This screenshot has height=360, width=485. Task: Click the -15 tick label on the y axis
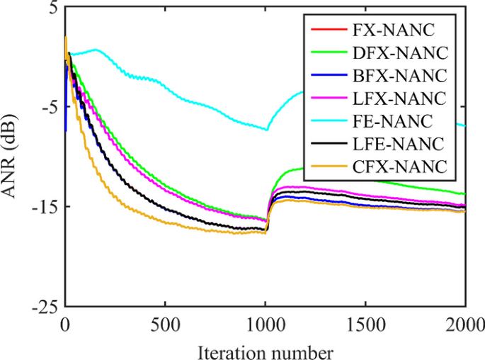pos(45,207)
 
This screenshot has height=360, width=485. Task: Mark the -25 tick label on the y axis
pos(45,307)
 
